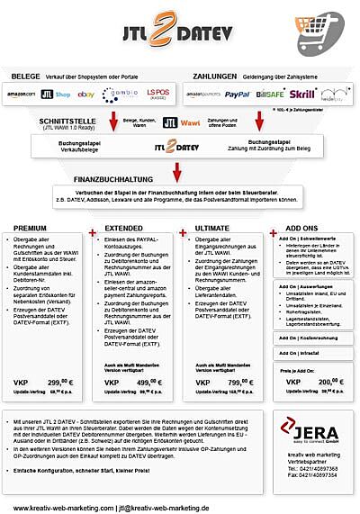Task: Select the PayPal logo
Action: click(x=238, y=94)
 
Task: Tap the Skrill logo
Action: click(x=301, y=94)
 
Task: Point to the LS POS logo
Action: click(x=157, y=94)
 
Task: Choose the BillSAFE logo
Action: click(x=269, y=94)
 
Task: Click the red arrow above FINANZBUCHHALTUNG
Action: click(x=176, y=167)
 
